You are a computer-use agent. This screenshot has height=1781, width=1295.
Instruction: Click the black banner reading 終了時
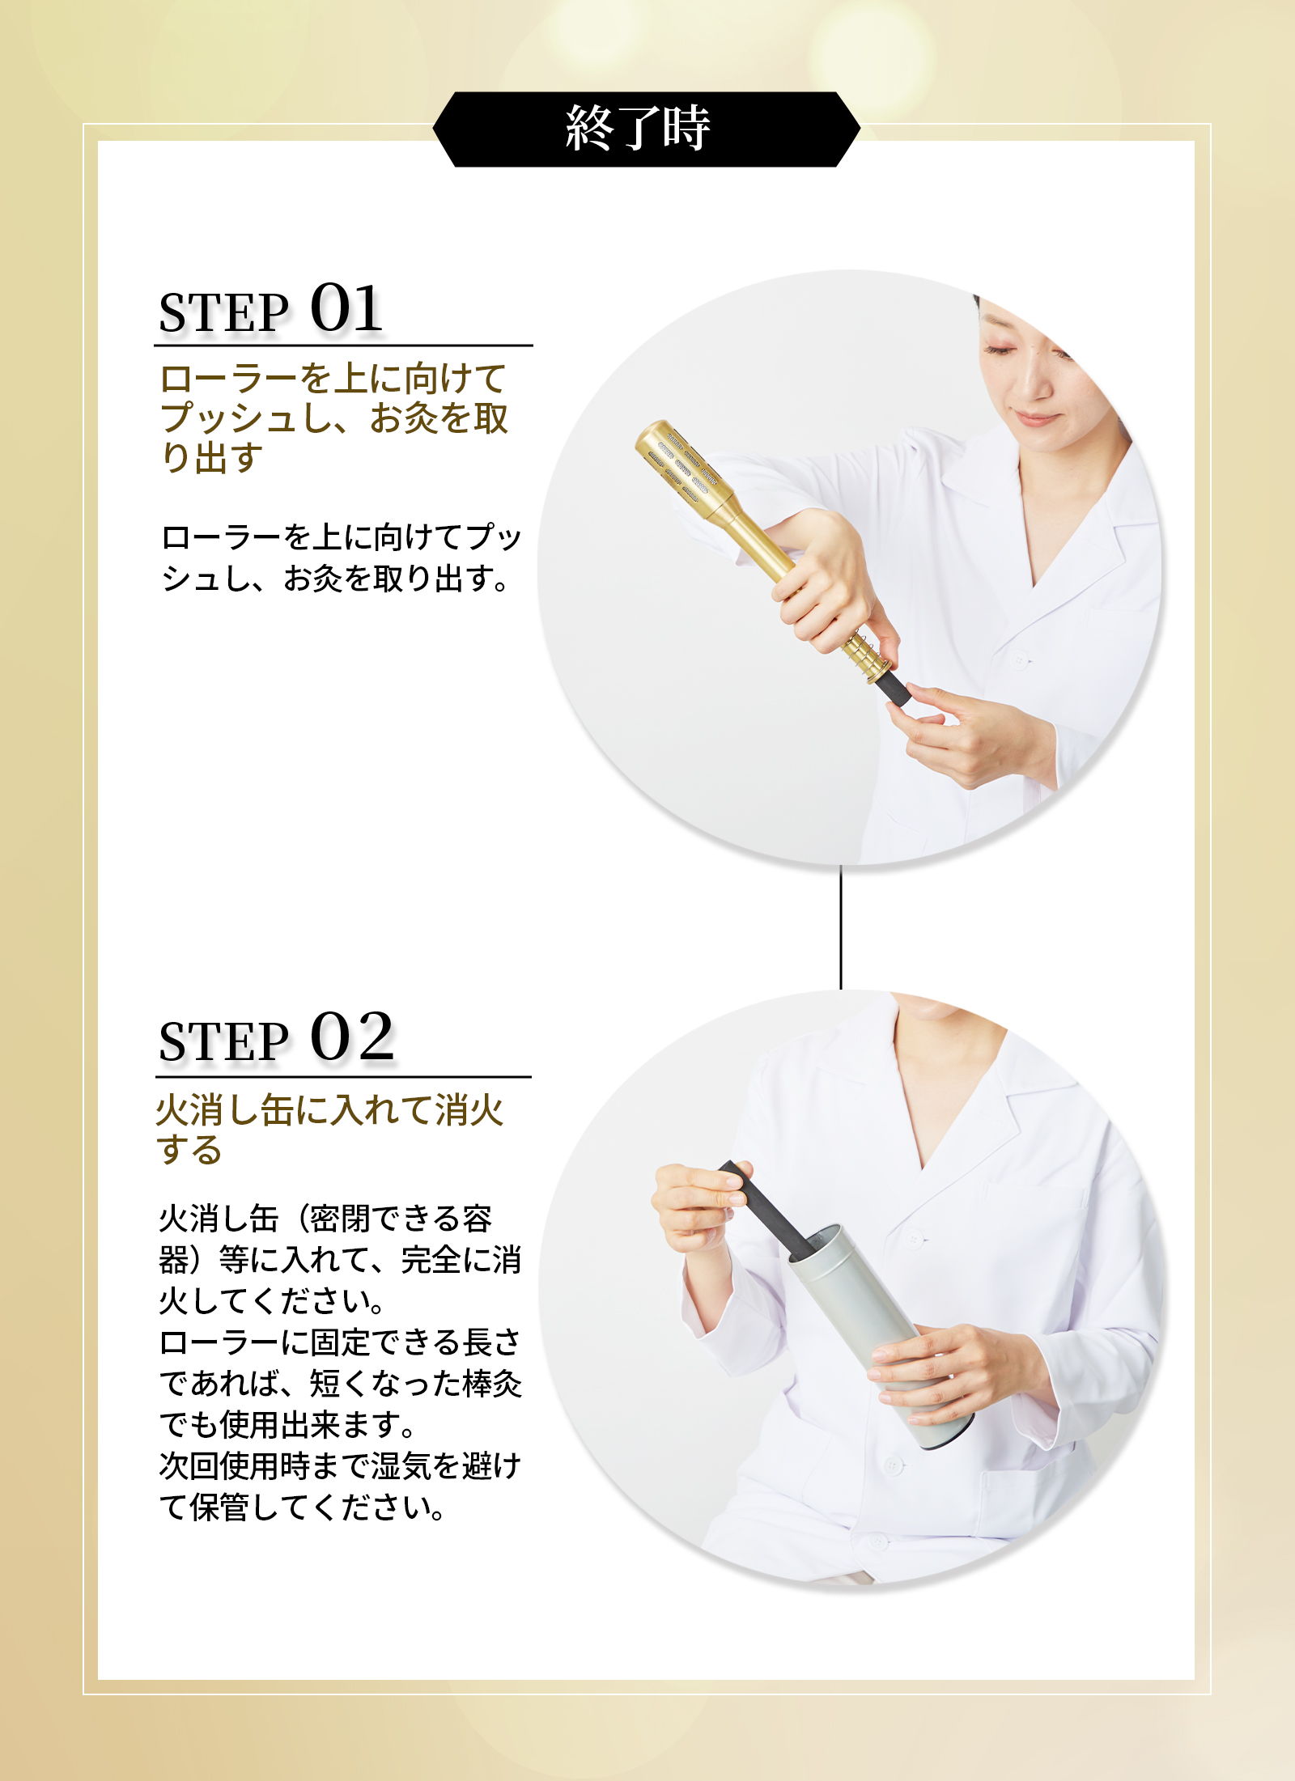click(x=646, y=129)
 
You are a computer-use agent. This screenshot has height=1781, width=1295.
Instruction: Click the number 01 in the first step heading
click(x=346, y=308)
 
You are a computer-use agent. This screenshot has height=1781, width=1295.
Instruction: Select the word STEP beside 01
click(x=223, y=312)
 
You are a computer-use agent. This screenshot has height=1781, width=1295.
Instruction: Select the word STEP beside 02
click(x=223, y=1041)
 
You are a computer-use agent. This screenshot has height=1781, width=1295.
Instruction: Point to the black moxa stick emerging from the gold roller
click(x=890, y=686)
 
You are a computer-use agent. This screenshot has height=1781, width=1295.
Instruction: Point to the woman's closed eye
click(x=1001, y=350)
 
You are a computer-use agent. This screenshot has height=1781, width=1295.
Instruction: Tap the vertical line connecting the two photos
click(x=841, y=927)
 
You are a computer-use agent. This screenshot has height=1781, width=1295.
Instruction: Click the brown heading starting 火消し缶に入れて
click(x=330, y=1130)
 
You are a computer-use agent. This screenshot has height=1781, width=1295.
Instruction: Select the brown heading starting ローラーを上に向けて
click(x=334, y=418)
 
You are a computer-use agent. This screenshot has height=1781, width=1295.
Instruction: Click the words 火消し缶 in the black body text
click(x=219, y=1219)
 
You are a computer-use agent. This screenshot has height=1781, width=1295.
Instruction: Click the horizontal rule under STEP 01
click(x=343, y=346)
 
